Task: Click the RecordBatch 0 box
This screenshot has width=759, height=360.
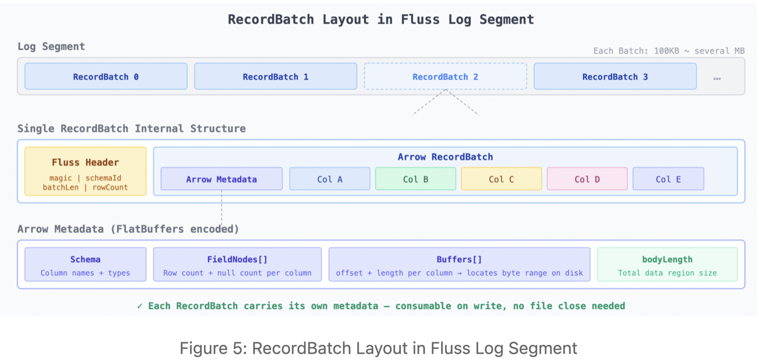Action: point(106,76)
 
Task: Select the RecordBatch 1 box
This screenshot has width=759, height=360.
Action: point(275,76)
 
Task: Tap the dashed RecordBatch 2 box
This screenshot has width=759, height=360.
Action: point(445,76)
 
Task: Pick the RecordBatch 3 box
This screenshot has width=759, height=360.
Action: point(615,76)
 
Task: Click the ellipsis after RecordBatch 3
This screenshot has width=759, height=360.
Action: point(717,78)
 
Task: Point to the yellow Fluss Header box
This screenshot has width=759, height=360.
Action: point(85,171)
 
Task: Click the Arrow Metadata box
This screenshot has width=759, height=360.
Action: point(221,179)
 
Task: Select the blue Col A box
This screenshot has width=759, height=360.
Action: point(330,179)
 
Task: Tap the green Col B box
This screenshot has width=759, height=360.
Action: point(415,179)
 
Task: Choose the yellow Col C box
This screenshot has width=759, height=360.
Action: point(501,179)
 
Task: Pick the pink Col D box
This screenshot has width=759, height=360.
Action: point(587,179)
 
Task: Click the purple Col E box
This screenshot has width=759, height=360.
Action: point(668,179)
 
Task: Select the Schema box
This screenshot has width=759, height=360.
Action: point(85,265)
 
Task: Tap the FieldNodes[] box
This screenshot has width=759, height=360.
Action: point(237,265)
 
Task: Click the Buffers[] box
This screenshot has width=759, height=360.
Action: point(459,265)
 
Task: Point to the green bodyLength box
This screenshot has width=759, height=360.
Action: point(667,265)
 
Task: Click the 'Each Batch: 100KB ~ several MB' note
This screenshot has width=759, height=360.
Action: point(669,51)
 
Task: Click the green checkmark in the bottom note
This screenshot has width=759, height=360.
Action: point(140,306)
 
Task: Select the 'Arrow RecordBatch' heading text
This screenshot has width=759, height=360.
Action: point(445,157)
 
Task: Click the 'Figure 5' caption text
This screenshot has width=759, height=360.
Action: point(378,348)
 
